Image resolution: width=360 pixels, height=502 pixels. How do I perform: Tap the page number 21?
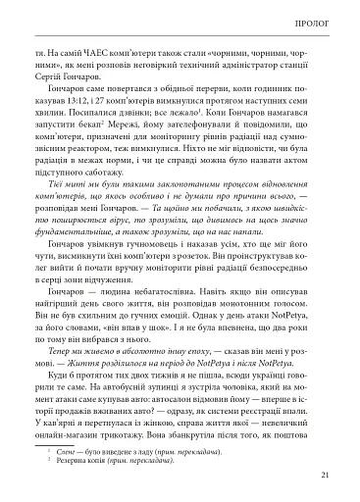tap(325, 477)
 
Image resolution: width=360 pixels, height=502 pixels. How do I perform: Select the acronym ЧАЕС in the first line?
tap(107, 45)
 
